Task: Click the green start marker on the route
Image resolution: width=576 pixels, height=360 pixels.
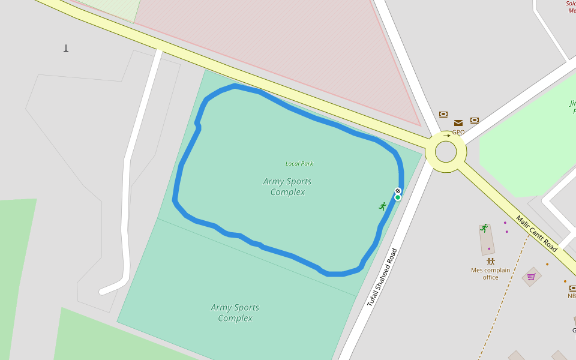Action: coord(398,197)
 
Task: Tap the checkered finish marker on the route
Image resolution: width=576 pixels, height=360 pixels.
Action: coord(398,191)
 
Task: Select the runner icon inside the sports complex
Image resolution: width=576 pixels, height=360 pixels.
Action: coord(382,206)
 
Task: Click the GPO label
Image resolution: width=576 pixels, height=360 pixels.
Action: coord(458,132)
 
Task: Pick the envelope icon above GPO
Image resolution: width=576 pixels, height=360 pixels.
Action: coord(458,123)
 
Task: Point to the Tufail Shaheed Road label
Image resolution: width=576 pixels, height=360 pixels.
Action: coord(383,277)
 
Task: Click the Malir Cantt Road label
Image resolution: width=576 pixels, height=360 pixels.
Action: coord(536,234)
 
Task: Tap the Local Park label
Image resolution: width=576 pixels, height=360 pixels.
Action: coord(299,163)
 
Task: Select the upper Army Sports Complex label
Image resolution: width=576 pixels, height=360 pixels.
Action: coord(287,187)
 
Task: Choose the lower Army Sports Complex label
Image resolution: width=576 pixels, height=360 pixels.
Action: coord(235,313)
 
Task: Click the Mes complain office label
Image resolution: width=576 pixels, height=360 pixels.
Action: coord(490,274)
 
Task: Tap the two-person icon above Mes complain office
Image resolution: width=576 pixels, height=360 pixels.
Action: coord(491,262)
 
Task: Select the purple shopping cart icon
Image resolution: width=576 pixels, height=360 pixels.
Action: coord(531,277)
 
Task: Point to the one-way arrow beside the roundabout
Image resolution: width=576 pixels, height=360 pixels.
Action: coord(447,136)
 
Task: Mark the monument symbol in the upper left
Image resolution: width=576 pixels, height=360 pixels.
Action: coord(66,49)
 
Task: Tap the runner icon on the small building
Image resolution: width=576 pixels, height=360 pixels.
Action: coord(484,228)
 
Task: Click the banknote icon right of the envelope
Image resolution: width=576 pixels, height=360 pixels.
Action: coord(475,120)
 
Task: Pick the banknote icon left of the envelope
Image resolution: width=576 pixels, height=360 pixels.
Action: coord(443,114)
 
